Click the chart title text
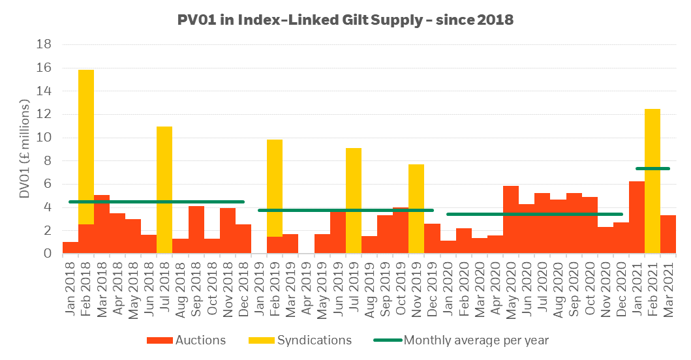(345, 20)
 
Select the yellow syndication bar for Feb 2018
(86, 147)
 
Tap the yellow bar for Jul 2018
(164, 190)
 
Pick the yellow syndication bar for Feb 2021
(653, 181)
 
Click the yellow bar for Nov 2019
(416, 209)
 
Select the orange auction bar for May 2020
(511, 219)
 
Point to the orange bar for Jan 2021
(637, 217)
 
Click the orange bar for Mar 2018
(102, 224)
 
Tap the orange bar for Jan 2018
(70, 248)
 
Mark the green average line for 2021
(653, 168)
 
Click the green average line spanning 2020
(534, 214)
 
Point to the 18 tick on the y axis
(44, 44)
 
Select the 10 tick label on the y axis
(44, 138)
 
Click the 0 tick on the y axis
(48, 253)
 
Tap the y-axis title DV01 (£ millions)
(25, 149)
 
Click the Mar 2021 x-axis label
(668, 290)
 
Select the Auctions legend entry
(186, 340)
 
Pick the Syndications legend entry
(300, 340)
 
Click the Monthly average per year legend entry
(461, 340)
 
